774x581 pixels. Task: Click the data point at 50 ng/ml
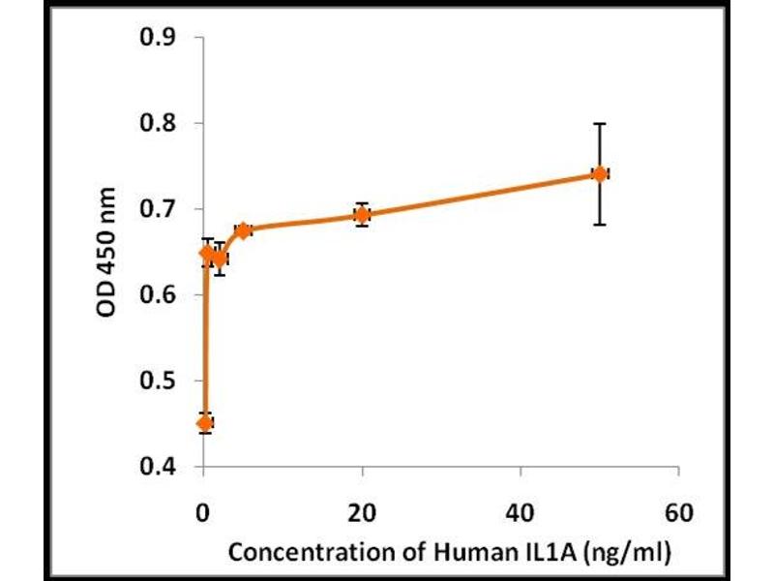pyautogui.click(x=600, y=173)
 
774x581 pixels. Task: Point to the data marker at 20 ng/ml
pyautogui.click(x=362, y=215)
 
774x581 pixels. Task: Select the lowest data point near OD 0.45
pyautogui.click(x=204, y=423)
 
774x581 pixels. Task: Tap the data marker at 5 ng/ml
pyautogui.click(x=244, y=229)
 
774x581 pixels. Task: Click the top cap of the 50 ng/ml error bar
pyautogui.click(x=600, y=124)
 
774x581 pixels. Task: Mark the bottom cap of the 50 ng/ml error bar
pyautogui.click(x=600, y=224)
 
